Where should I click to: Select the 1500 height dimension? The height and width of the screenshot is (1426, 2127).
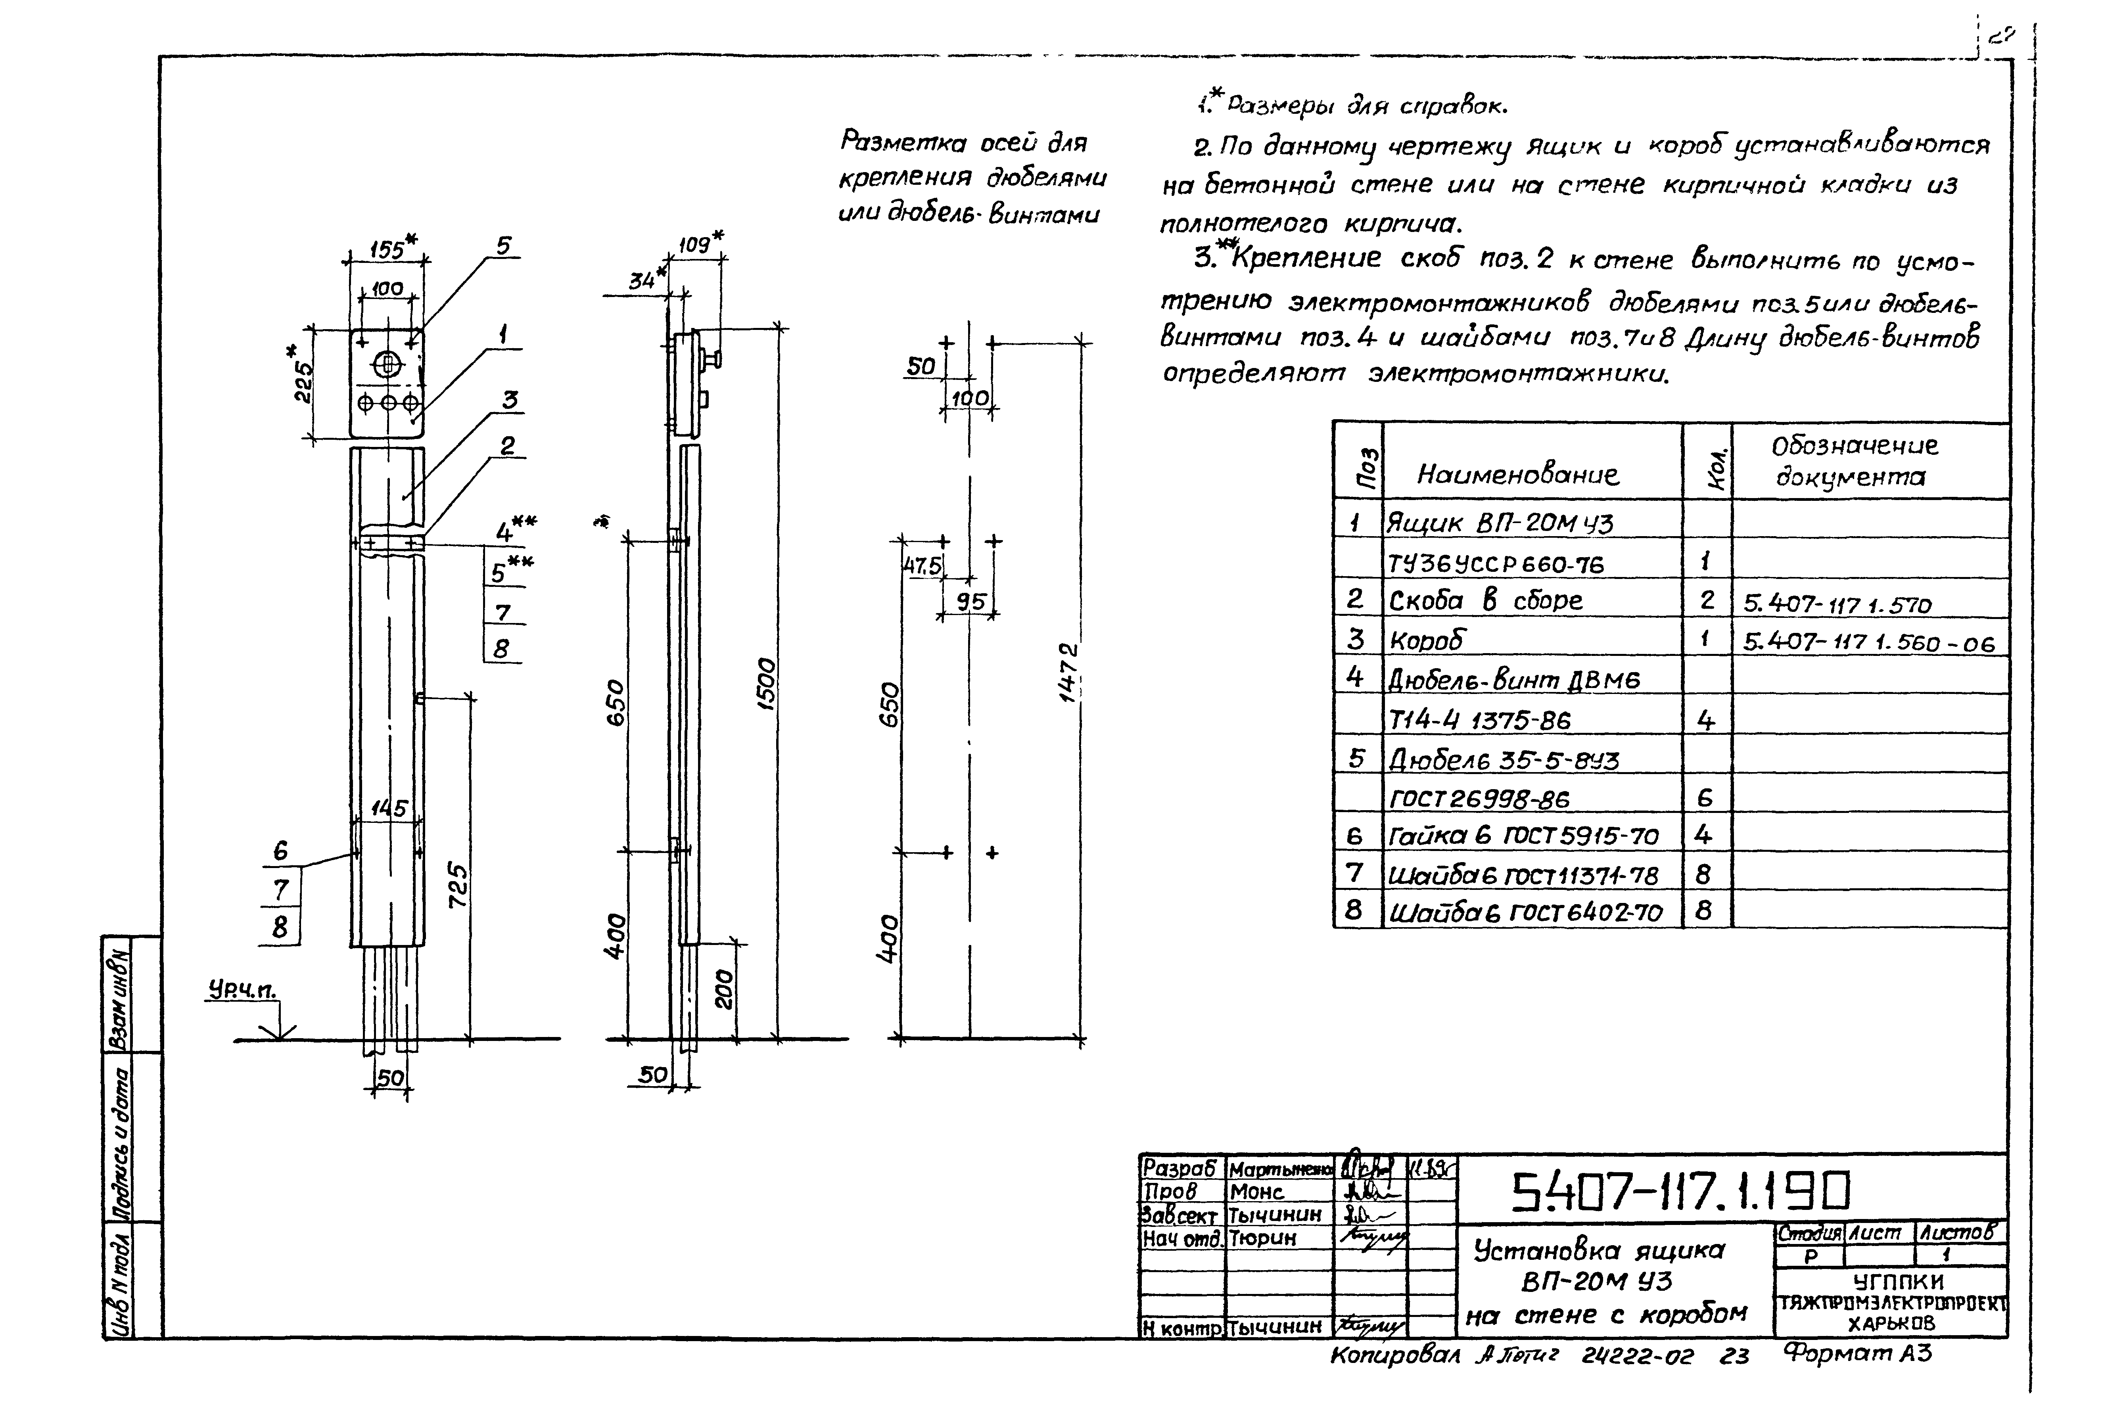[767, 684]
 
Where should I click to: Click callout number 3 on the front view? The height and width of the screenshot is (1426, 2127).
[509, 400]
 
